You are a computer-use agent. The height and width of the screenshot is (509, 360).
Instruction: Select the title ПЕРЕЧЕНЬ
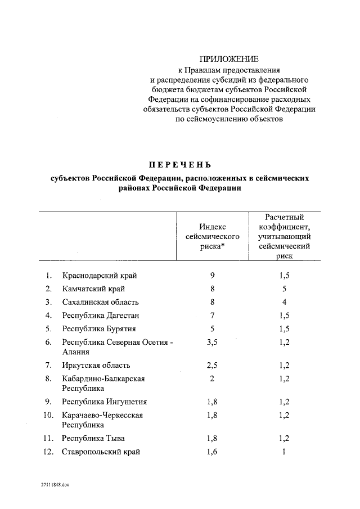click(180, 165)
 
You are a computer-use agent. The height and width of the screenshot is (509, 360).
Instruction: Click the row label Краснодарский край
click(100, 276)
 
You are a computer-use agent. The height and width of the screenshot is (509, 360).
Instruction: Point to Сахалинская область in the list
click(100, 302)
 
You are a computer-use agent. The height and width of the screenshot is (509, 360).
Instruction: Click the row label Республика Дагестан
click(101, 316)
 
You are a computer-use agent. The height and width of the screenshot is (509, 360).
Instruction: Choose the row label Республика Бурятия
click(100, 329)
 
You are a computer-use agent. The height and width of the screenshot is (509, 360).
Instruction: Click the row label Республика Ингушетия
click(105, 402)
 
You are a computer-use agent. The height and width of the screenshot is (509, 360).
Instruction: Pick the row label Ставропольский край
click(101, 452)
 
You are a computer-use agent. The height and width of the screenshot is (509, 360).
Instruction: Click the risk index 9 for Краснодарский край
click(212, 276)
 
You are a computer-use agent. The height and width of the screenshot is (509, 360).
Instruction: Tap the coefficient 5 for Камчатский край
click(285, 289)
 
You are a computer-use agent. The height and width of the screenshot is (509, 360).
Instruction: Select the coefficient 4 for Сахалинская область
click(285, 302)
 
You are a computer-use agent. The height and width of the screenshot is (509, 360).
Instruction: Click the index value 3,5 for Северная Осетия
click(212, 342)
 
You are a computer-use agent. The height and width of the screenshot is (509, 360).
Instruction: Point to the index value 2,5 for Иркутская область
click(212, 365)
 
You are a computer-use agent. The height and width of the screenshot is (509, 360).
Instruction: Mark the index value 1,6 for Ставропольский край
click(212, 452)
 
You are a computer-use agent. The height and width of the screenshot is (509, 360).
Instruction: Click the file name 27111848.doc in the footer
click(54, 484)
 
